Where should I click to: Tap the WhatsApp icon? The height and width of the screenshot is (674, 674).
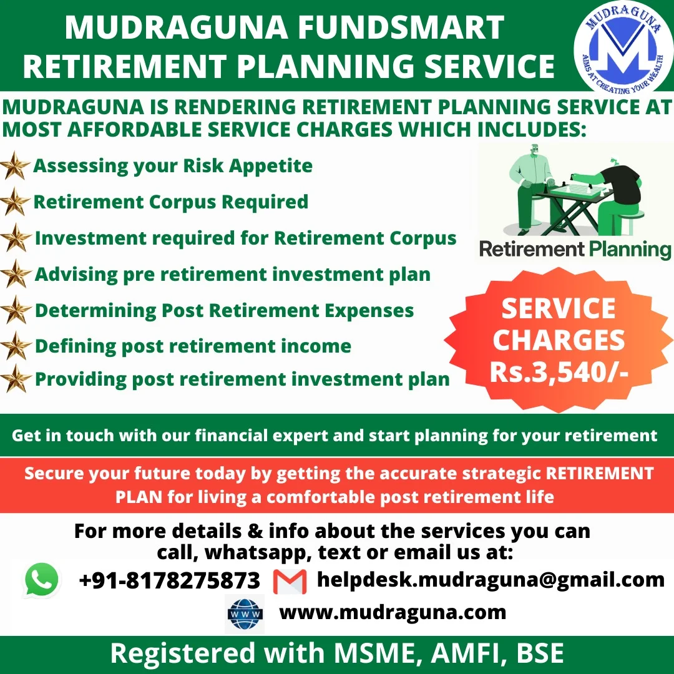(x=42, y=580)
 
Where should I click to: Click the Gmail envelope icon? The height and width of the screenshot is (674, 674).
(x=290, y=581)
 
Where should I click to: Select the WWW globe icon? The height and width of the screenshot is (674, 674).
(x=245, y=613)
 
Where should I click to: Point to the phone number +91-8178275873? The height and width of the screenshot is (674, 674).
(x=169, y=580)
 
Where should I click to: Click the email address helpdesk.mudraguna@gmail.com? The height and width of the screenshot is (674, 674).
(x=491, y=579)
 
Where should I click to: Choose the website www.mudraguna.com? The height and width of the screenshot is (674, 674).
(x=393, y=612)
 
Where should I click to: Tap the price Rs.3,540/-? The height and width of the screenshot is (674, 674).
(x=559, y=372)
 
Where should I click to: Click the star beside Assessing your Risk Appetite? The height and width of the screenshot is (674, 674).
(x=16, y=167)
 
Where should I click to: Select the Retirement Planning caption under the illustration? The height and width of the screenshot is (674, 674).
(x=575, y=250)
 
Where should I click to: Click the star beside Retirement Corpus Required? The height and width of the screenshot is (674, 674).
(x=16, y=202)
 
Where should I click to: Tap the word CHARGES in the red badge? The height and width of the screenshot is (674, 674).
(x=559, y=341)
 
